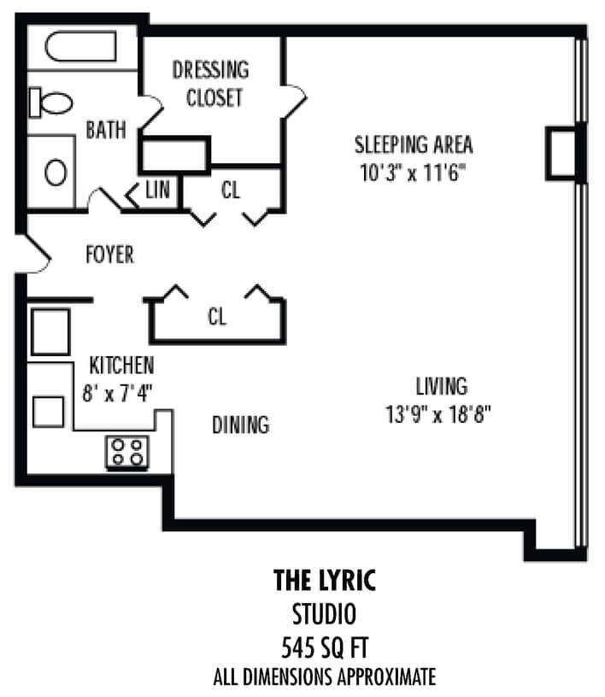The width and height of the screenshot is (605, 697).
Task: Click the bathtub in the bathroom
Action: [80, 48]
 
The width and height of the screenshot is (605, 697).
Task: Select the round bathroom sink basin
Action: [56, 173]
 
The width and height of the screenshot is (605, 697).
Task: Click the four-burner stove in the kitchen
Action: [127, 452]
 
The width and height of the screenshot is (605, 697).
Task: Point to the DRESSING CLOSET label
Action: [210, 83]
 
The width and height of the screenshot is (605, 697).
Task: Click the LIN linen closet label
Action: [157, 190]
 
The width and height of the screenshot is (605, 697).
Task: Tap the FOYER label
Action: [109, 255]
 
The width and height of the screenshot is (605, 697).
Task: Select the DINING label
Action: [240, 424]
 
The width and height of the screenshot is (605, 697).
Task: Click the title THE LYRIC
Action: [324, 580]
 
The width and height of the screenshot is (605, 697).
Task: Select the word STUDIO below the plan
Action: [324, 612]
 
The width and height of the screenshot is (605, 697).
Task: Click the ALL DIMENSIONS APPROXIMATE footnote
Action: [324, 677]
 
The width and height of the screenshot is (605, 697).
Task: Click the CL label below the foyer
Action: [217, 317]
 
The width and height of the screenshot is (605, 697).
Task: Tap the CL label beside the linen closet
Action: [231, 190]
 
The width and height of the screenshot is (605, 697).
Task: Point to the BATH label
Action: [106, 131]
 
